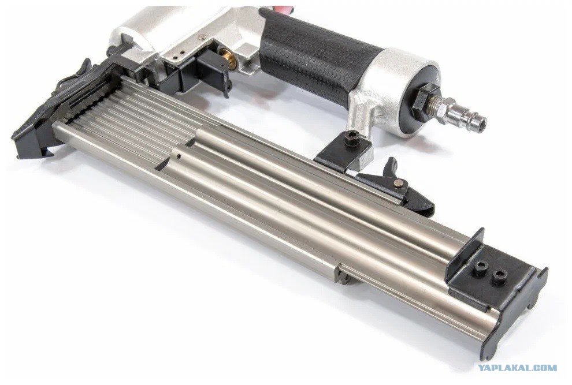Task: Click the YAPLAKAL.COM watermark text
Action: coord(517,368)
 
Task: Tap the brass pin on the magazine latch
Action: coord(399,183)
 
